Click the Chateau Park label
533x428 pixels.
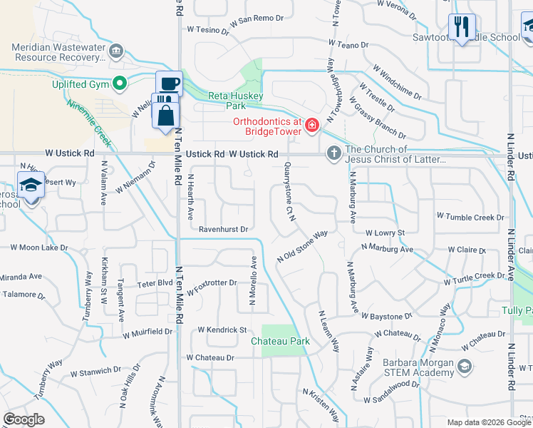point(281,341)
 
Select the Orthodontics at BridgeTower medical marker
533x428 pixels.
point(311,126)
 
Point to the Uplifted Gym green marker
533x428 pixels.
point(120,83)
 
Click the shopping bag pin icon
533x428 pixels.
point(165,115)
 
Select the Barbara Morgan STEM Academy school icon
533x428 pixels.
point(465,367)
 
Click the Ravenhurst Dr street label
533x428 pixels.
point(223,230)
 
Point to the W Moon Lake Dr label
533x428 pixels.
point(38,248)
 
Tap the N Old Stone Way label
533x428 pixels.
point(301,245)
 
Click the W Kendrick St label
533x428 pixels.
point(222,330)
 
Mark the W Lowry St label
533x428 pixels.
point(385,233)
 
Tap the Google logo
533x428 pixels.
point(24,419)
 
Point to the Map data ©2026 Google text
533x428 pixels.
point(488,422)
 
